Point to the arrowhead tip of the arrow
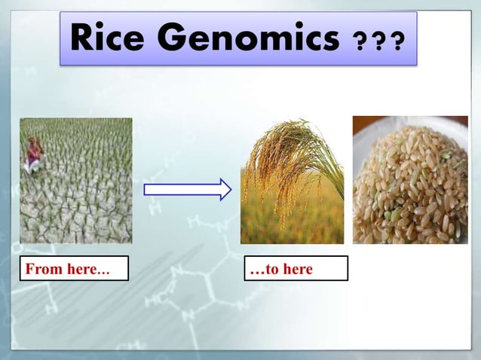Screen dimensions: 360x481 tap(230, 189)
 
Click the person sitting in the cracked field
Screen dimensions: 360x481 tap(35, 153)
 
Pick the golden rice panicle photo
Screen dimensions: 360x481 tap(292, 181)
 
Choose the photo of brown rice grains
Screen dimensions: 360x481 tap(410, 181)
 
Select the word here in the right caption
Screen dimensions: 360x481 tap(298, 269)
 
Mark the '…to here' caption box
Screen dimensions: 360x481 tap(296, 269)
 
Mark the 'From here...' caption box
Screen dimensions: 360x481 tap(74, 269)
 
